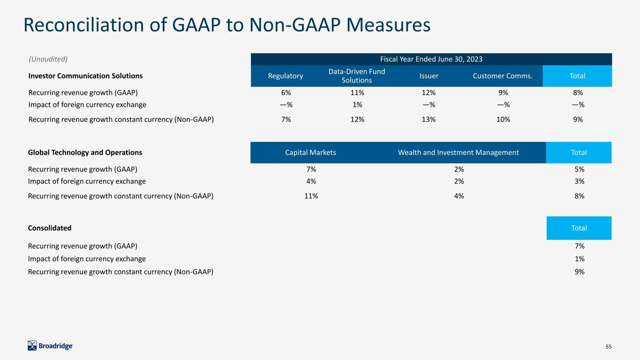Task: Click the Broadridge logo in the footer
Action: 50,346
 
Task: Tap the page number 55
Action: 609,346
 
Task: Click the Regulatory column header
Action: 286,76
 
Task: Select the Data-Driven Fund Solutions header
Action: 357,76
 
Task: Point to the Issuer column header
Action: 429,76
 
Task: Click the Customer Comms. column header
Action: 503,76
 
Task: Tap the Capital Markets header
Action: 310,152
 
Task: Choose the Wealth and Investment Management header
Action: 458,152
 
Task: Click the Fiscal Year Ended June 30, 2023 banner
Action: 431,59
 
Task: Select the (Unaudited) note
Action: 48,59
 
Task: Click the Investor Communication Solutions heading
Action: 85,76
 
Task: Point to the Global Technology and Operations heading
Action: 85,152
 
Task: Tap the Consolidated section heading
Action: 50,228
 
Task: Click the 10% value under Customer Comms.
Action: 503,120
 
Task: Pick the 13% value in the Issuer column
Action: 429,120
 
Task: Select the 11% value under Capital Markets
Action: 311,196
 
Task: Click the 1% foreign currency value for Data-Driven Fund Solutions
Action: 357,105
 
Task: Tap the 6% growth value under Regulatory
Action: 286,93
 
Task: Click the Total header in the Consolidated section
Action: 579,228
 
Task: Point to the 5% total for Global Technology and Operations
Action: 580,169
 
